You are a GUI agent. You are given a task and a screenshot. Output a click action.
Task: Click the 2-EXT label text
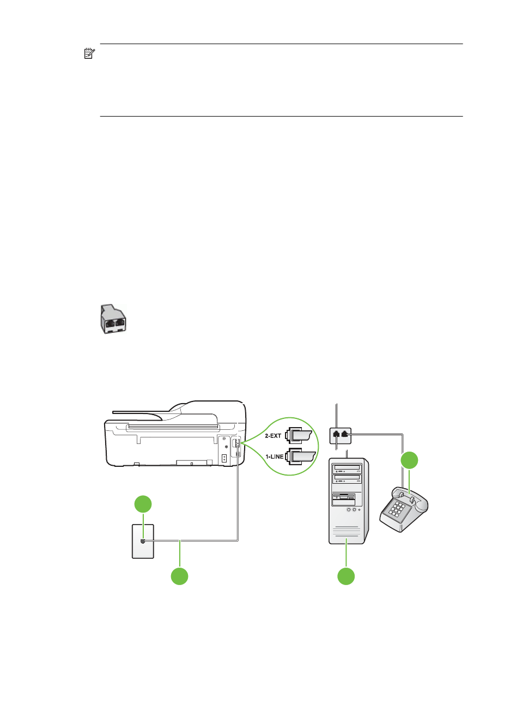273,436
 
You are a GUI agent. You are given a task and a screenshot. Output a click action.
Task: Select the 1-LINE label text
274,457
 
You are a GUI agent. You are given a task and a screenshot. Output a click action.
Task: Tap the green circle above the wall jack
143,504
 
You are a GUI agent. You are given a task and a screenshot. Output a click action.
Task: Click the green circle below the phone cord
180,576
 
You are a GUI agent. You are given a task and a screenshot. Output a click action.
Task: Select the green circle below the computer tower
346,576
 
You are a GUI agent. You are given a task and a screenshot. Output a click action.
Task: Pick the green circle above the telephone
410,460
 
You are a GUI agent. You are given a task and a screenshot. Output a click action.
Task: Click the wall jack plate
143,541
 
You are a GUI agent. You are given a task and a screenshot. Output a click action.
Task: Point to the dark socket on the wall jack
143,541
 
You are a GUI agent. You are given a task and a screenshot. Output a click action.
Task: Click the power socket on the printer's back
224,458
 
